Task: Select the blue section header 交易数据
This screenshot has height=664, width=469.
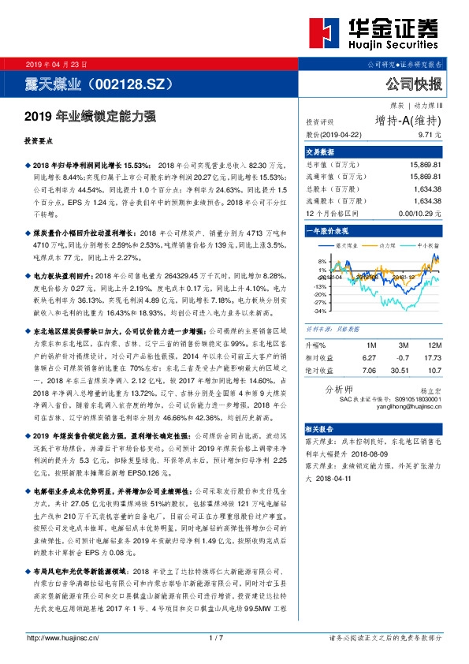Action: point(321,151)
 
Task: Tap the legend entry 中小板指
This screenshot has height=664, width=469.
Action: point(429,246)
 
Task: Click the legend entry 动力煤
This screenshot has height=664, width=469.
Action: point(389,246)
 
